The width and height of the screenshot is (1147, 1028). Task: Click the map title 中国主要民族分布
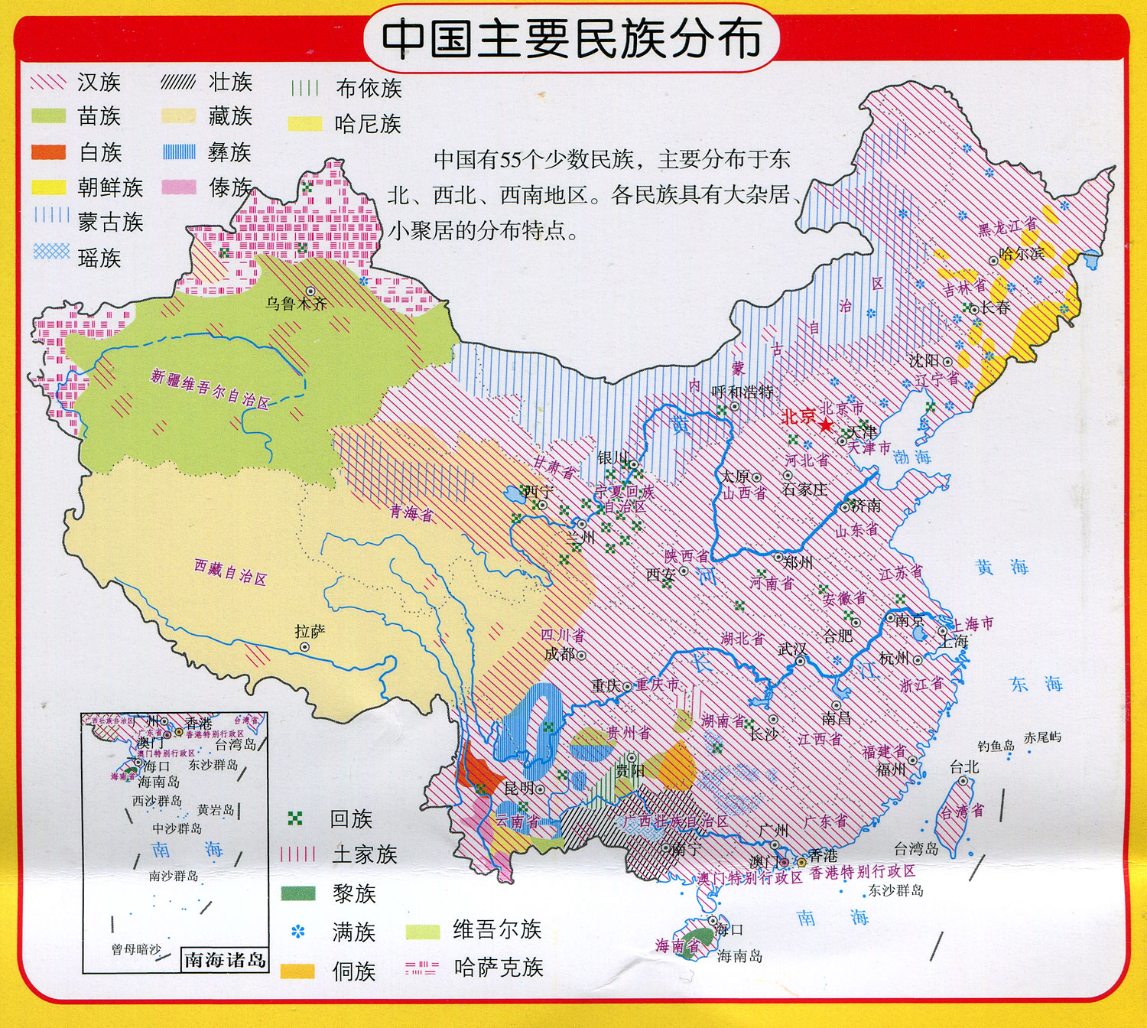[571, 38]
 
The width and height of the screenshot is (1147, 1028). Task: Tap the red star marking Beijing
[826, 425]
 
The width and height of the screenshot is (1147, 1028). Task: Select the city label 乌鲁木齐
[296, 304]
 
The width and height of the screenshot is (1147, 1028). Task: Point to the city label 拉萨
[310, 632]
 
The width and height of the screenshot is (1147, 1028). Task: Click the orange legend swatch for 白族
[48, 152]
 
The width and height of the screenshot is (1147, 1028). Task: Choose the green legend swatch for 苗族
[48, 116]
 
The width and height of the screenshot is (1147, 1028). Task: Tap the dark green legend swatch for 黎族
[297, 893]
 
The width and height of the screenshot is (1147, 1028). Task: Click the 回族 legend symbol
[295, 819]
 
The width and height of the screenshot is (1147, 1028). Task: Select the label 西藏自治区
[230, 572]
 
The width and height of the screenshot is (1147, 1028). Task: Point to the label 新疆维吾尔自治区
[210, 389]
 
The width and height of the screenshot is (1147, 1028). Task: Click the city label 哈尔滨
[1022, 253]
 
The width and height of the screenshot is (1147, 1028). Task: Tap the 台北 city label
[963, 766]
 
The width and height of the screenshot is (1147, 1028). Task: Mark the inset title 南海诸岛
[225, 960]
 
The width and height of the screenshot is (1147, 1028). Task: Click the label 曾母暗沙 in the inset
[136, 949]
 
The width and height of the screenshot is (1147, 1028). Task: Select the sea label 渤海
[912, 457]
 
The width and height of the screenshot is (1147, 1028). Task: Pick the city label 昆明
[519, 788]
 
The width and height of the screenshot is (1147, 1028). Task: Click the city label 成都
[559, 654]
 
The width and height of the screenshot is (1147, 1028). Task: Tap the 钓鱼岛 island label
[996, 745]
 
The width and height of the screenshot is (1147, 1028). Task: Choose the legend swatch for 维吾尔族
[422, 931]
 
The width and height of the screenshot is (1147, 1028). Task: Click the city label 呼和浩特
[742, 392]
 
